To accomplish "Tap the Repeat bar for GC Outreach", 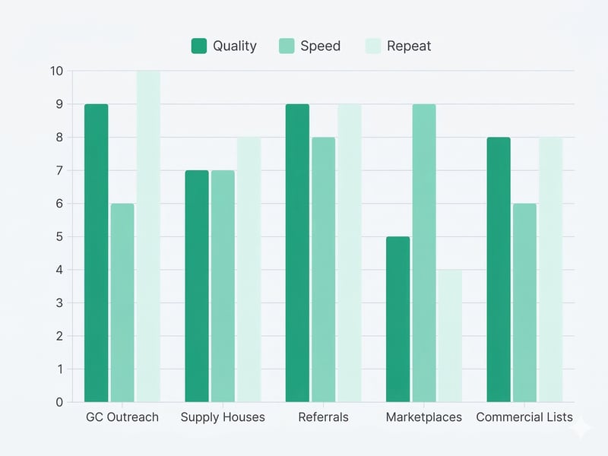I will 148,236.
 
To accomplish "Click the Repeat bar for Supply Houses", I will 249,270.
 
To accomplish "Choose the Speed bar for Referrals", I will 323,270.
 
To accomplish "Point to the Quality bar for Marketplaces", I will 397,319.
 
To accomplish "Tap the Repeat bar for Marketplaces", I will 450,336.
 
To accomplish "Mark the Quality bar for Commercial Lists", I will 499,270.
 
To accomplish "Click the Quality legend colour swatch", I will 199,46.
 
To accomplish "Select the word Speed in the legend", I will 320,46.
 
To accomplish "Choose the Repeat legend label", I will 409,46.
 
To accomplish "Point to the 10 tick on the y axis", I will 57,71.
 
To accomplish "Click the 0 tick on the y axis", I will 59,402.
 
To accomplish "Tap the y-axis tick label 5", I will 59,236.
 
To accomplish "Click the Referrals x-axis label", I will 323,417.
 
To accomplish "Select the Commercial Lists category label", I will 524,417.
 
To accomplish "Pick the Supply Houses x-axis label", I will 223,417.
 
